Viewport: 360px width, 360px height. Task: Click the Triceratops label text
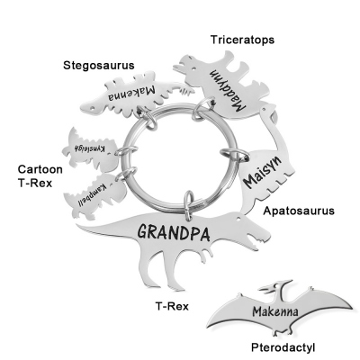pos(242,40)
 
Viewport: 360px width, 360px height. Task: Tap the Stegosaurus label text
pos(99,66)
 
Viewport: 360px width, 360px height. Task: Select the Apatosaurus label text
pos(299,211)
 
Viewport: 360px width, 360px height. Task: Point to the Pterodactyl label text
pos(283,347)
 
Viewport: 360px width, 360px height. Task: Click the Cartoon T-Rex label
pos(40,176)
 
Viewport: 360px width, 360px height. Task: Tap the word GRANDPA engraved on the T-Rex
pos(174,233)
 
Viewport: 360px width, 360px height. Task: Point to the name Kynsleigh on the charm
pos(90,148)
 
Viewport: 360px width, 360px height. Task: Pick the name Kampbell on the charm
pos(93,195)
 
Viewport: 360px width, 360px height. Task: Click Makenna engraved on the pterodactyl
pos(275,311)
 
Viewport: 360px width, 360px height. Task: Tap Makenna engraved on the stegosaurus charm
pos(131,94)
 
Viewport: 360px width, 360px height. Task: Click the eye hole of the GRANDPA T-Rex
pos(238,218)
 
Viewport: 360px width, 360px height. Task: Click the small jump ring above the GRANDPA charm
pos(188,205)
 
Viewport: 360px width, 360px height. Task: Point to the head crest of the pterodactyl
pos(282,283)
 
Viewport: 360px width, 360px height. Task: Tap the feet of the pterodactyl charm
pos(283,331)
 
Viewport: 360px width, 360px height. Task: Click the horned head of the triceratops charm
pos(186,66)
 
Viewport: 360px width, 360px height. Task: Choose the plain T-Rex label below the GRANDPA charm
pos(172,306)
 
